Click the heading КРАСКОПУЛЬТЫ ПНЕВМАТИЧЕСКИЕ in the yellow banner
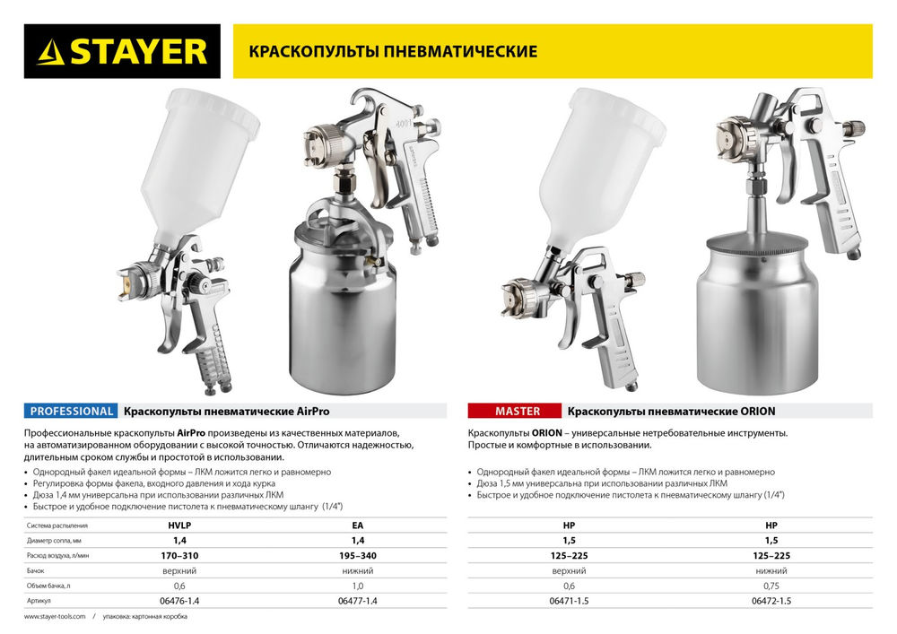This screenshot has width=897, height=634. click(385, 51)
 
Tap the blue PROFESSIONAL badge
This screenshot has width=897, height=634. click(72, 412)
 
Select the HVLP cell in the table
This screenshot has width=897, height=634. click(180, 528)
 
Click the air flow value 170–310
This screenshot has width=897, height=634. click(180, 556)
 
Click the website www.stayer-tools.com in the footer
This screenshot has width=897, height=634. click(55, 617)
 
